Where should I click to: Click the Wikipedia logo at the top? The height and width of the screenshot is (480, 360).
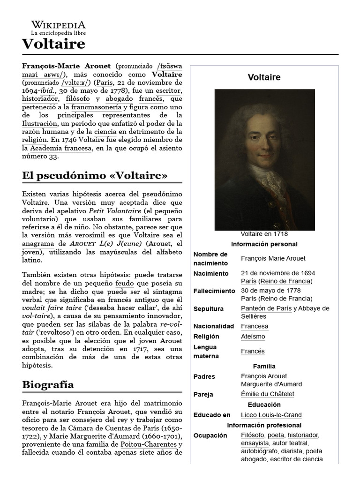tap(59, 28)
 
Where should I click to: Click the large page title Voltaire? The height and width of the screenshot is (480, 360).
tap(53, 44)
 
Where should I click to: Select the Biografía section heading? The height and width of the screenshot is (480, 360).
tap(48, 385)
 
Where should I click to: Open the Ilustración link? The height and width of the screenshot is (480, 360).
tap(40, 123)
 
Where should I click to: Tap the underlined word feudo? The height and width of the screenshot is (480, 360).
tap(125, 284)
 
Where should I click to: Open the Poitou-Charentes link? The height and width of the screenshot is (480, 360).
tap(149, 444)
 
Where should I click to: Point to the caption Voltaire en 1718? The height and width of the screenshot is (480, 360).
tap(264, 234)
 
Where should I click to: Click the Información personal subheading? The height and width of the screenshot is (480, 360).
tap(264, 244)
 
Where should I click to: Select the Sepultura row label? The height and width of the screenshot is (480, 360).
tap(208, 309)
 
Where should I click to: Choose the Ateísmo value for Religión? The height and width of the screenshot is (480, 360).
tap(253, 337)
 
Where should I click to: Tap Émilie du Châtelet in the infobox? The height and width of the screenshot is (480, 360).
tap(267, 394)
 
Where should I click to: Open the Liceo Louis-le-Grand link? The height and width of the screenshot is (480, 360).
tap(271, 415)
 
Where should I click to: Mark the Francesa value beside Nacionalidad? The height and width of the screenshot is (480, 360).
tap(255, 326)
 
